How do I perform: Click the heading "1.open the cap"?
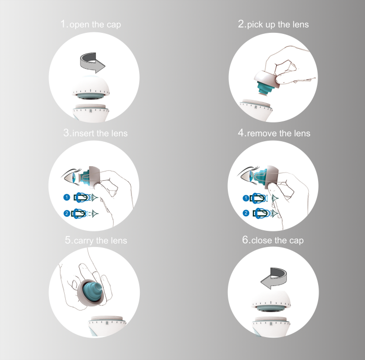(91, 24)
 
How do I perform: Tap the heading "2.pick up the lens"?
(273, 24)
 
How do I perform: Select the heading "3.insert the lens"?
(95, 133)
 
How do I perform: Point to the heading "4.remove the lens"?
(274, 133)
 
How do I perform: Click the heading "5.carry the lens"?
(96, 240)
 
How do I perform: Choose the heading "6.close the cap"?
(273, 240)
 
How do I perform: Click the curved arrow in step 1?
(92, 63)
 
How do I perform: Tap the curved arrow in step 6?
(274, 278)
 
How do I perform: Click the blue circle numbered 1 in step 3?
(67, 197)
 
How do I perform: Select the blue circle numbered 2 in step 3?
(67, 213)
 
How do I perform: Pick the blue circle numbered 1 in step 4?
(246, 198)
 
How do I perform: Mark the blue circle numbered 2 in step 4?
(246, 213)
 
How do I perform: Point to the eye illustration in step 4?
(247, 176)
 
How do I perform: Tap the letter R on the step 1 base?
(91, 111)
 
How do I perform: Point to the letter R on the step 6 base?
(271, 324)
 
